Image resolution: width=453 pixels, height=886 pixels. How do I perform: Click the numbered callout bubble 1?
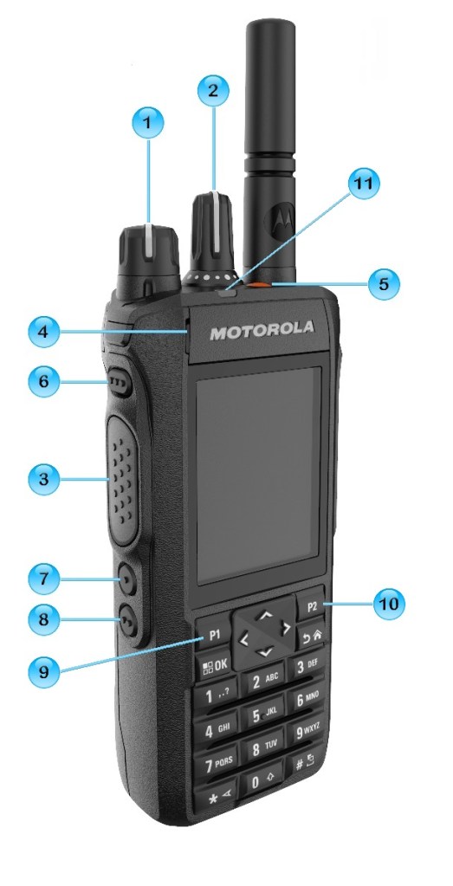148,122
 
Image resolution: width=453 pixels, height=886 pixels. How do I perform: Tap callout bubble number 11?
364,183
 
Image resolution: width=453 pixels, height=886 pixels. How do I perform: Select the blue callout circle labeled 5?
384,284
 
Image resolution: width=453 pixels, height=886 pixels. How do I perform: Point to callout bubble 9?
43,671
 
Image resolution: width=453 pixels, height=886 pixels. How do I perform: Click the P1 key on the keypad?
214,634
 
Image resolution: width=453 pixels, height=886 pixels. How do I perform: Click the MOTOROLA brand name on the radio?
262,331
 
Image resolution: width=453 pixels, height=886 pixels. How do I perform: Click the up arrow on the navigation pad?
266,614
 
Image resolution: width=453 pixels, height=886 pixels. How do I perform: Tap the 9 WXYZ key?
307,733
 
